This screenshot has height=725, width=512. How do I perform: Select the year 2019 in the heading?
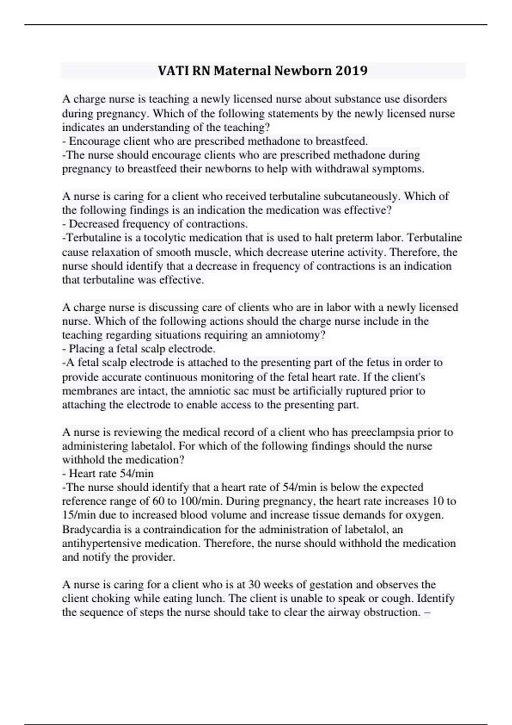(351, 70)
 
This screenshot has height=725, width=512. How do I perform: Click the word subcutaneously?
(362, 196)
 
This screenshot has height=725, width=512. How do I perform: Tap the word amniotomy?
(295, 335)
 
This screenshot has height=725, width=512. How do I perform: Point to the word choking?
(113, 599)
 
